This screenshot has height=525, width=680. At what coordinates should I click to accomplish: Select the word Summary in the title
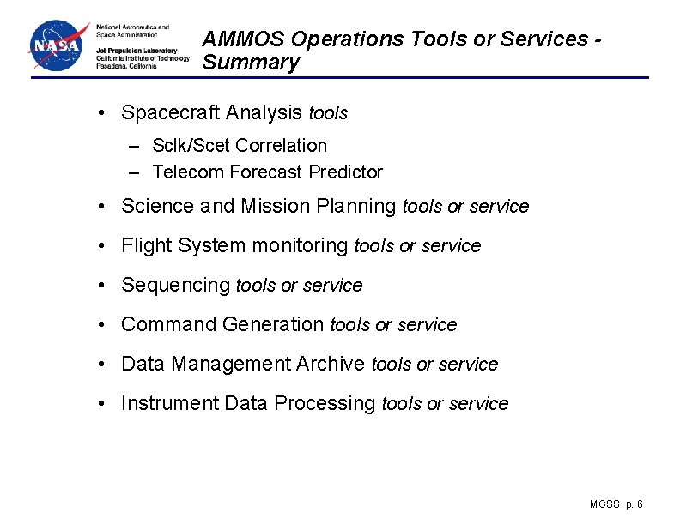(x=251, y=63)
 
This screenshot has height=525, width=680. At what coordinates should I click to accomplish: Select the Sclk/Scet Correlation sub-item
(x=240, y=146)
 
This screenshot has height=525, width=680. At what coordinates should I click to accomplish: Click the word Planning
(x=363, y=207)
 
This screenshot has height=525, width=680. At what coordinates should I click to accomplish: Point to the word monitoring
(x=300, y=246)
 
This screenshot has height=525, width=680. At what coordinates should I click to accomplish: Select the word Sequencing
(x=176, y=286)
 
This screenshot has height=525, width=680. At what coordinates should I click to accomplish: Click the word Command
(x=169, y=325)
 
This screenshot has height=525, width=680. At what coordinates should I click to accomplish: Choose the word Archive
(x=331, y=365)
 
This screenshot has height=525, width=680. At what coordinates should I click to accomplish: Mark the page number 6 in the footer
(x=641, y=504)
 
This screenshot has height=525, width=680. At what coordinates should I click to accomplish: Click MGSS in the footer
(x=604, y=504)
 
